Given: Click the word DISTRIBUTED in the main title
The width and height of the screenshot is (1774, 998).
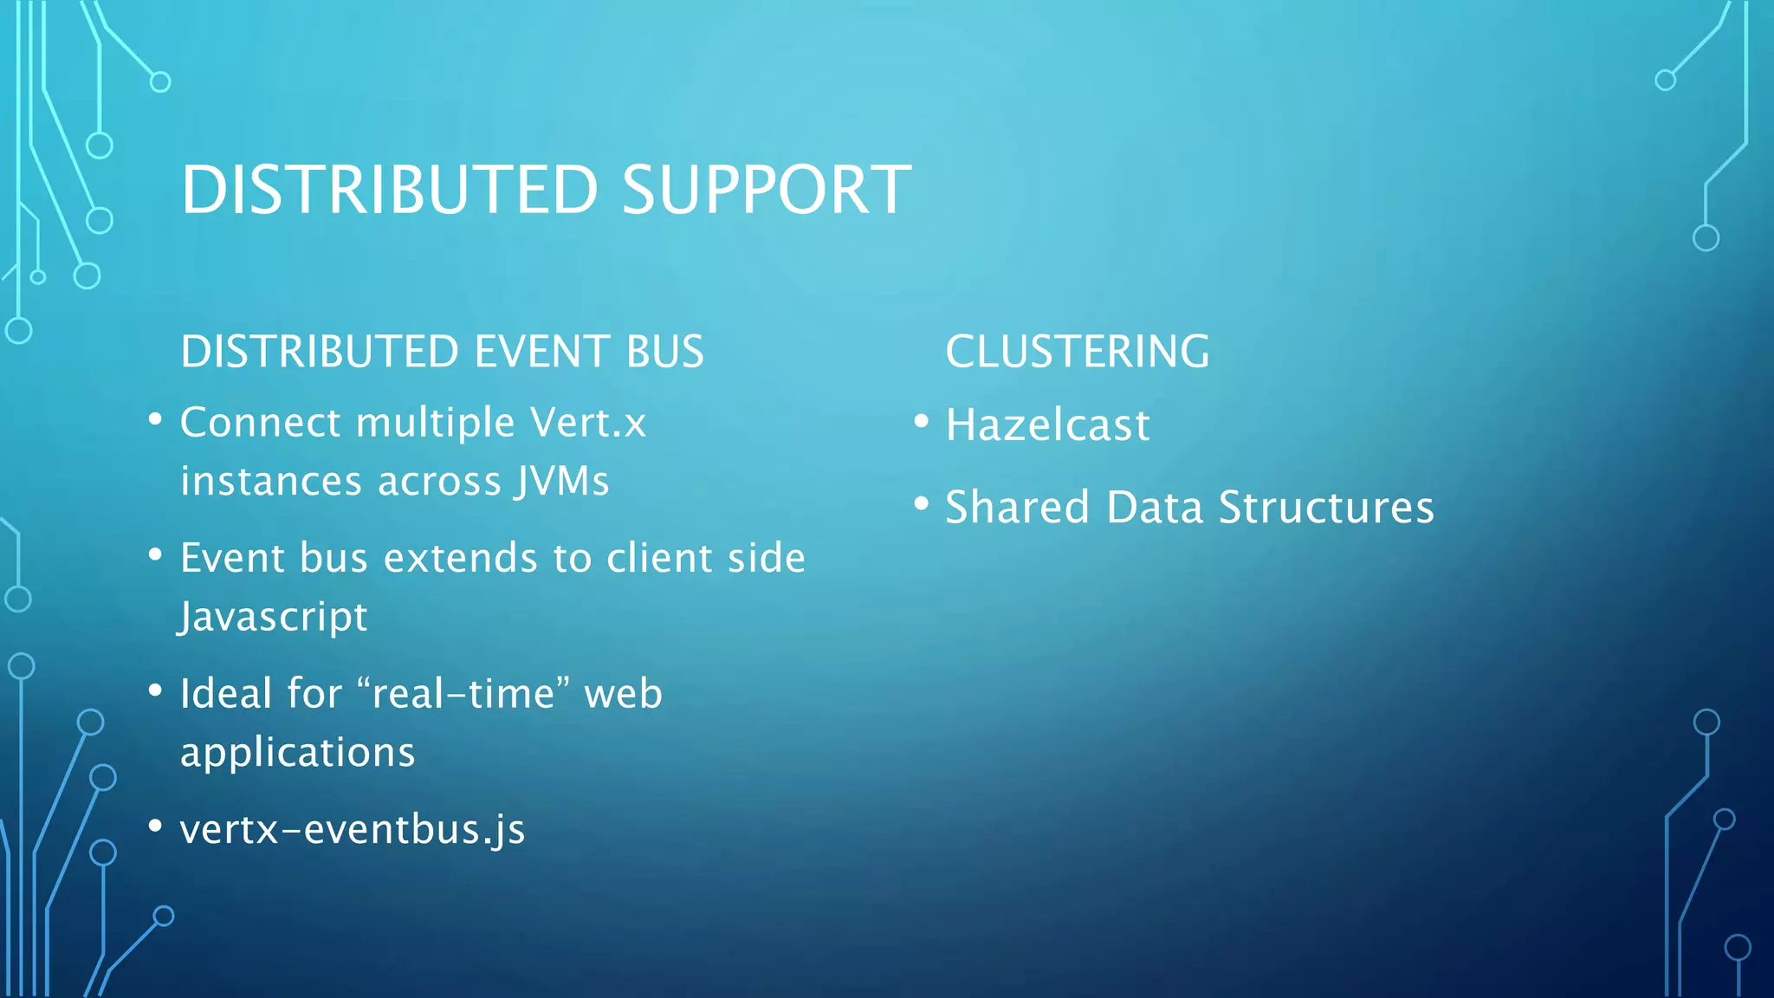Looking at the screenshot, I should coord(389,190).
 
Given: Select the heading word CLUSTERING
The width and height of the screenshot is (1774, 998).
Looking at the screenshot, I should coord(1077,352).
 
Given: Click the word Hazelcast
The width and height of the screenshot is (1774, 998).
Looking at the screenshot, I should coord(1047,425).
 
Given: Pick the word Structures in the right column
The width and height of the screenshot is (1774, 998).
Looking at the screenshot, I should coord(1325,508).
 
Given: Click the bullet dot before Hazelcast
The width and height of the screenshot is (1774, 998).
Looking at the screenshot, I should coord(922,422).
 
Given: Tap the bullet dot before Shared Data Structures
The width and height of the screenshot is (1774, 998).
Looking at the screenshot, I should coord(922,503).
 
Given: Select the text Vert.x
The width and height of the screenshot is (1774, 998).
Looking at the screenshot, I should coord(588,423).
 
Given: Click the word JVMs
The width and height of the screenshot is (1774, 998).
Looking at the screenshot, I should coord(562,482).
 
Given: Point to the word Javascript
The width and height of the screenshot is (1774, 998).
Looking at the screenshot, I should coord(274,617).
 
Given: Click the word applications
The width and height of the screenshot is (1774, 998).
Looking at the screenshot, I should coord(297,752).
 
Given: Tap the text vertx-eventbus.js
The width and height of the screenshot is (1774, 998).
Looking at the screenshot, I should coord(352,830).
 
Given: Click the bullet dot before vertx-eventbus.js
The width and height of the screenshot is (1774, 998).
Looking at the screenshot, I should coord(155,826).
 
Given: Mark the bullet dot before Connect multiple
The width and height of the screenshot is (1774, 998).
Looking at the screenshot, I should coord(155,419).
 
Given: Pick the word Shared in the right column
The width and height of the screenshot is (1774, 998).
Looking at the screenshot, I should coord(1016,508).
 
